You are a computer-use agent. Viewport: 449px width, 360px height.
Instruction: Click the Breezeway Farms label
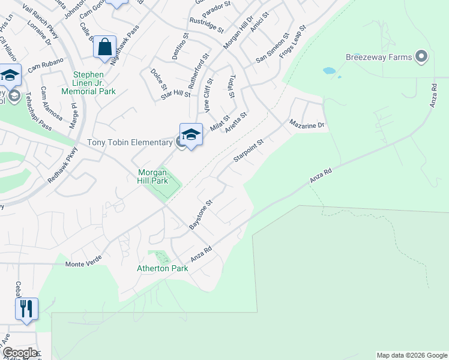(x=379, y=58)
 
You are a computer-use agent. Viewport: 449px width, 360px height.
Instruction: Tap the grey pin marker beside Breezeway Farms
(x=421, y=57)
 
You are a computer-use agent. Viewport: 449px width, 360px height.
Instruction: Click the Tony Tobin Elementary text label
(x=130, y=142)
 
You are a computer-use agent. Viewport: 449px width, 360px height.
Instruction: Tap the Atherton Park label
(x=163, y=268)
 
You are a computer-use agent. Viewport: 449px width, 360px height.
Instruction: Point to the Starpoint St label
(x=248, y=151)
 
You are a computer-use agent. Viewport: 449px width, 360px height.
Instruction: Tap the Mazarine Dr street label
(x=307, y=125)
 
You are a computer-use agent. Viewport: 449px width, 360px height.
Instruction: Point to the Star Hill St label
(x=175, y=95)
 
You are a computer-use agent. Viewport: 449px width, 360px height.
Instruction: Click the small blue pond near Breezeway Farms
(x=329, y=71)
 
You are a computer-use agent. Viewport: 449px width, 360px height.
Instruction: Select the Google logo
(x=19, y=353)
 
